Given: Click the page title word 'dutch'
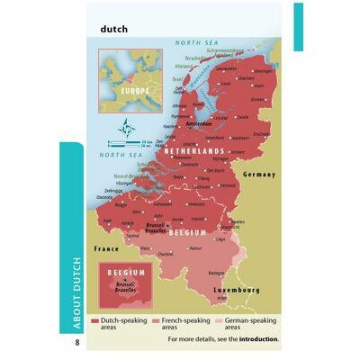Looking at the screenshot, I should coord(114,28).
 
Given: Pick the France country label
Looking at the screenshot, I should coord(106,246).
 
